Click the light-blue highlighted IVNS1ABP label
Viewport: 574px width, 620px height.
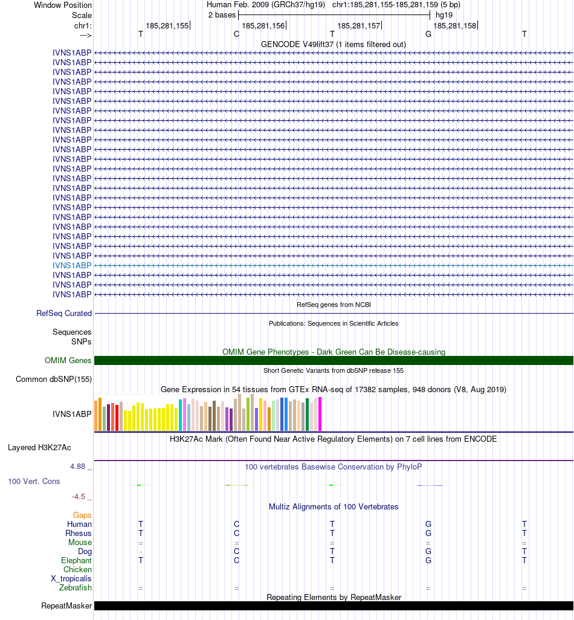(x=72, y=265)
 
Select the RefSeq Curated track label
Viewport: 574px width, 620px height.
(x=64, y=314)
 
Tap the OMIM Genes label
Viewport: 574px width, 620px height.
(x=68, y=361)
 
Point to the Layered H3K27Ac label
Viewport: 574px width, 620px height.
(x=39, y=448)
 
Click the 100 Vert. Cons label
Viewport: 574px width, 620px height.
(x=33, y=482)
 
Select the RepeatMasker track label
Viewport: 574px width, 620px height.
(x=66, y=606)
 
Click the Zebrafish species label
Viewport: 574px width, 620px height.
(x=76, y=588)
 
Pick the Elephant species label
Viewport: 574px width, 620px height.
(x=77, y=561)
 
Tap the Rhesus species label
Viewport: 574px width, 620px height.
(x=79, y=534)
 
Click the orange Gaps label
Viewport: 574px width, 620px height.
(x=82, y=515)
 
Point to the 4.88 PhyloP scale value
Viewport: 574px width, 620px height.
(x=78, y=467)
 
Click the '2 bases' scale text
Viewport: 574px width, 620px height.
(x=222, y=15)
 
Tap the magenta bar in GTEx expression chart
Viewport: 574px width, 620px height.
(x=320, y=414)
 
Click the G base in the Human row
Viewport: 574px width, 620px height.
(x=428, y=525)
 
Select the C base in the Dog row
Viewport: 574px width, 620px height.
(x=237, y=552)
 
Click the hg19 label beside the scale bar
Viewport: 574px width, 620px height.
(x=444, y=15)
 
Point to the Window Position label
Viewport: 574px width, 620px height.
(x=63, y=5)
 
